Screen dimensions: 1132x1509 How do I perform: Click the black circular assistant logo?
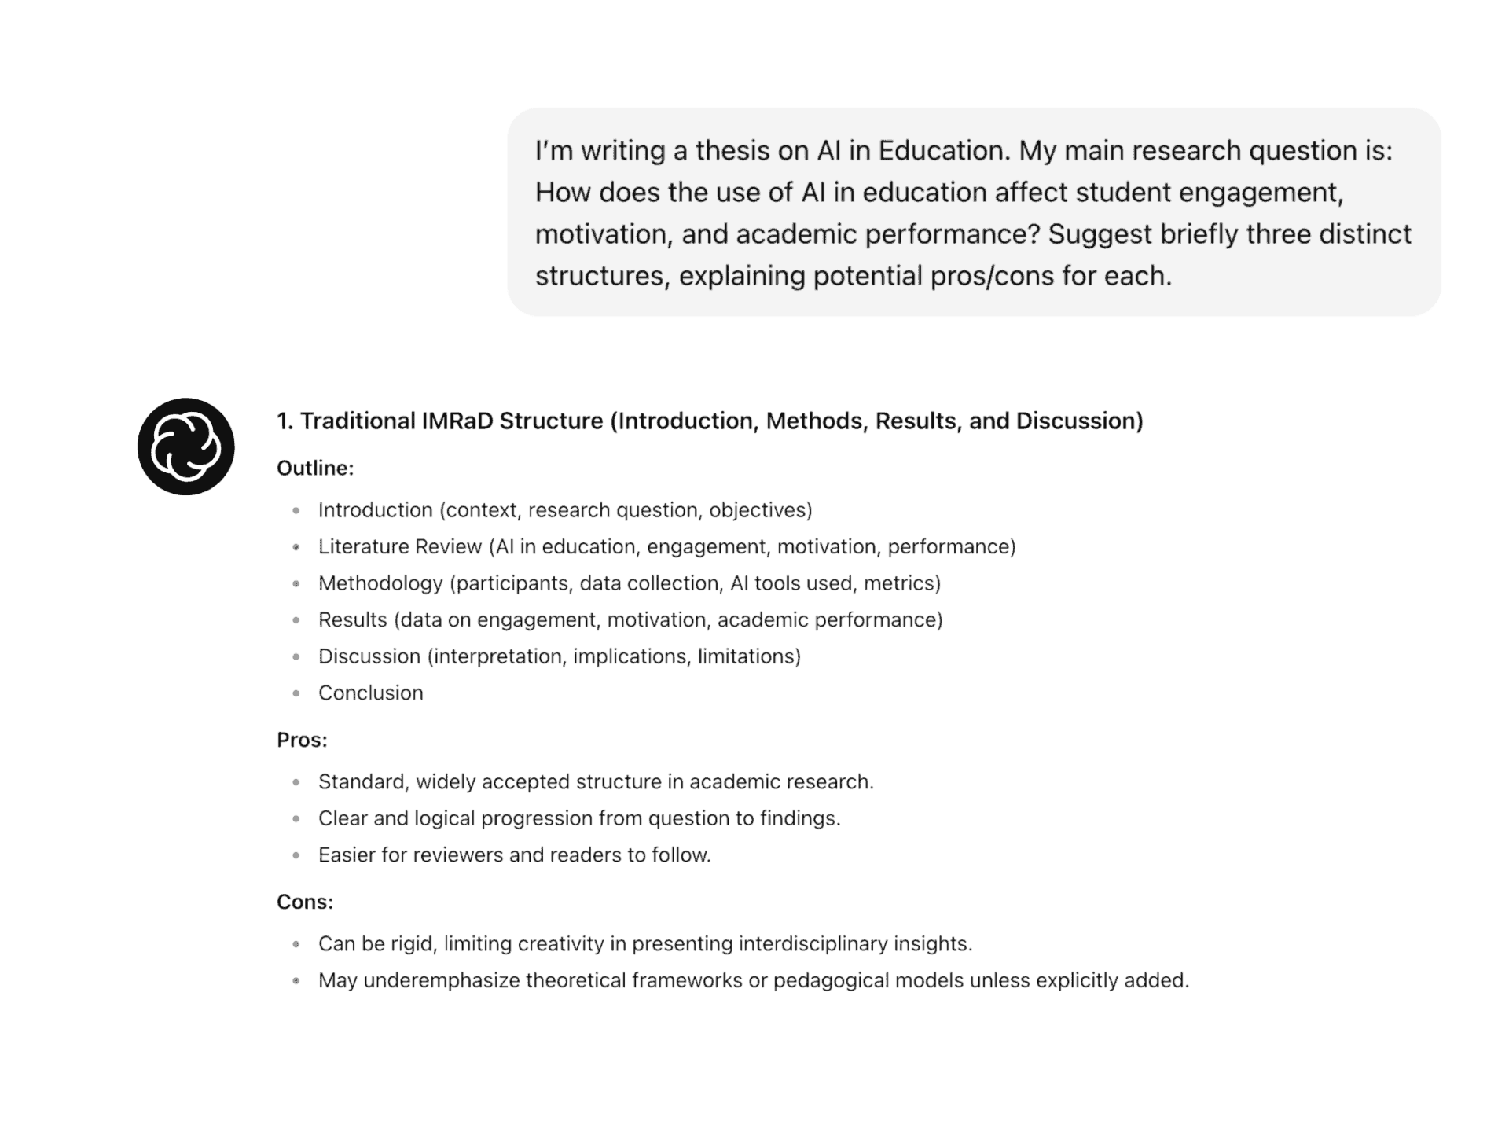tap(185, 447)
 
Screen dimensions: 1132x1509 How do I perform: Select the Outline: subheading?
tap(315, 469)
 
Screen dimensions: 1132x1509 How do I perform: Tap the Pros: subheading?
tap(302, 740)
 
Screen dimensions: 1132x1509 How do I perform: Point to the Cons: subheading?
tap(305, 902)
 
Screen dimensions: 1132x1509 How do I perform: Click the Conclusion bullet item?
tap(370, 693)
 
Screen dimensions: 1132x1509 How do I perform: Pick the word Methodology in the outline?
tap(380, 583)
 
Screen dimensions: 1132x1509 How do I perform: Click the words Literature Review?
tap(399, 546)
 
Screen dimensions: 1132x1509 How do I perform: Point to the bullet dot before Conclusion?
tap(296, 693)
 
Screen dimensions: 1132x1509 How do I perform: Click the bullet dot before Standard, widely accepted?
tap(296, 782)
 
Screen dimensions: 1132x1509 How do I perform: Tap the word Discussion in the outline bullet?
tap(369, 656)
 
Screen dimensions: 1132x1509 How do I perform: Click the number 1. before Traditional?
tap(285, 421)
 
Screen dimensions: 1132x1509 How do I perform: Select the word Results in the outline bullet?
tap(352, 619)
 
